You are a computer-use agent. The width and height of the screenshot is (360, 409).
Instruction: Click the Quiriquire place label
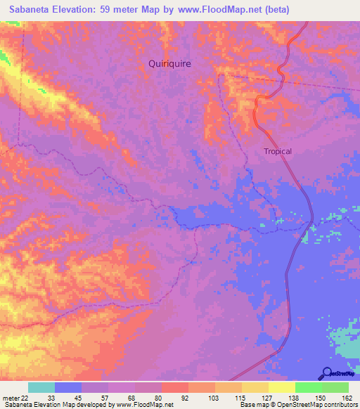(169, 63)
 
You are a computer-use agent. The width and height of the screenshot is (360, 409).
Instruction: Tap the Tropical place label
(277, 151)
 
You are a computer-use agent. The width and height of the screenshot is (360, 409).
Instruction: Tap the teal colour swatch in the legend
(41, 387)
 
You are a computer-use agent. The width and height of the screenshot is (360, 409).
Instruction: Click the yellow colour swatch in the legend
(281, 387)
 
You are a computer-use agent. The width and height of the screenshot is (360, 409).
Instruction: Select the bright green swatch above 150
(307, 387)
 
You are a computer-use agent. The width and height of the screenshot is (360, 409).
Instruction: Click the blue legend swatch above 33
(68, 387)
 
